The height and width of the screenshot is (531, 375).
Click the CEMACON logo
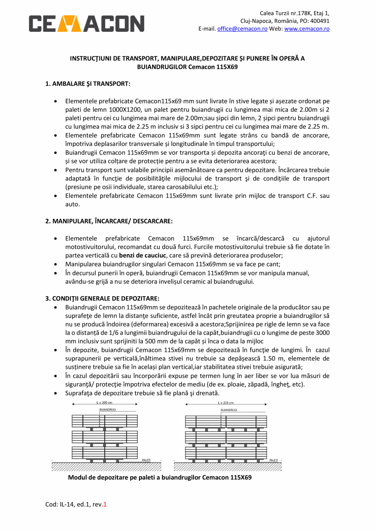tap(86, 24)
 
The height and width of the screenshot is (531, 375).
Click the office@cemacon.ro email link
tap(242, 29)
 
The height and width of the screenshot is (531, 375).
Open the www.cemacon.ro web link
tap(307, 29)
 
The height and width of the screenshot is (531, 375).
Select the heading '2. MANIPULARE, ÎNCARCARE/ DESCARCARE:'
tap(109, 221)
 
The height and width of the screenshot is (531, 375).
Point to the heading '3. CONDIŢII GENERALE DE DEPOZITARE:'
tap(102, 298)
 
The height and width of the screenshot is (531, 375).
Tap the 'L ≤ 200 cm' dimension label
tap(105, 403)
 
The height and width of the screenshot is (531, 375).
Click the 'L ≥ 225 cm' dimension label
tap(226, 403)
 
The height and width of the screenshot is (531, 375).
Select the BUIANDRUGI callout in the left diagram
tap(108, 409)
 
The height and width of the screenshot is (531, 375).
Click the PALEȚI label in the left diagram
tap(146, 460)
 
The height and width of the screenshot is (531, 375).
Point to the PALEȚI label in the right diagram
tap(274, 460)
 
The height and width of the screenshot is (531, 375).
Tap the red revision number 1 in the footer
tap(105, 504)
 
